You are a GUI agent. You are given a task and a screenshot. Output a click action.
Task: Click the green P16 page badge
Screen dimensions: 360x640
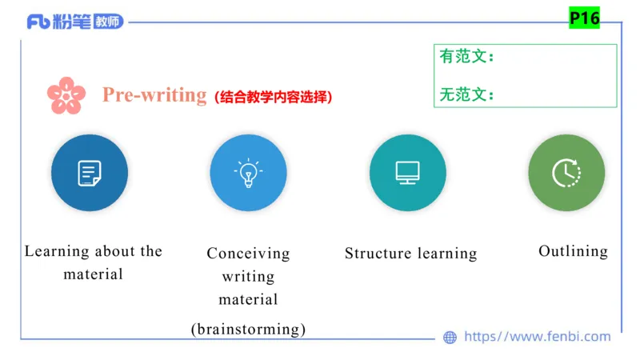(x=584, y=18)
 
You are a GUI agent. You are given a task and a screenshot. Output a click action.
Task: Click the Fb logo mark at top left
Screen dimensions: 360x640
(x=38, y=22)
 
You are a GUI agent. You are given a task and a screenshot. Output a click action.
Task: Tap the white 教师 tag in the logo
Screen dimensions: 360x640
(x=109, y=22)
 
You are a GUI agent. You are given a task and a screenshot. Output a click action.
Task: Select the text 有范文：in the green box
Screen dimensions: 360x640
(x=467, y=57)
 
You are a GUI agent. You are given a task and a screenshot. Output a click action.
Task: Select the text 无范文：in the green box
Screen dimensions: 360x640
(x=467, y=94)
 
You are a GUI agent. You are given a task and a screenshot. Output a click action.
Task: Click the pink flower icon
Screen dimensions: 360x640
(x=66, y=95)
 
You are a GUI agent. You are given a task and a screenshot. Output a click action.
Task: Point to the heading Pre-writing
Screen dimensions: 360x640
(x=154, y=94)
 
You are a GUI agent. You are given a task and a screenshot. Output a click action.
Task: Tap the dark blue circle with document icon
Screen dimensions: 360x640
(x=89, y=173)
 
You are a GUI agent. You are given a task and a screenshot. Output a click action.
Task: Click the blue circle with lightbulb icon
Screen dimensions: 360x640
(x=248, y=173)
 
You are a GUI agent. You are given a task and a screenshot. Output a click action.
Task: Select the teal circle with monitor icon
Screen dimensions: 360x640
(x=407, y=173)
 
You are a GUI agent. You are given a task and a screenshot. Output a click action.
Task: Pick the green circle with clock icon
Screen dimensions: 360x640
(x=566, y=173)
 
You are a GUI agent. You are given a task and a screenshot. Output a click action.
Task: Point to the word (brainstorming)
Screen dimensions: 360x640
(x=248, y=328)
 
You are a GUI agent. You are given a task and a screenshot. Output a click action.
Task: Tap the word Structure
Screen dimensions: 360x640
(x=374, y=254)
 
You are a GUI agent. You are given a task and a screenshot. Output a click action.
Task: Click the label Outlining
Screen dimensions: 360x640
(x=573, y=251)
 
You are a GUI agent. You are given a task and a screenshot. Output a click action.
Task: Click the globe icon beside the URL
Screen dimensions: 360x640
(x=450, y=338)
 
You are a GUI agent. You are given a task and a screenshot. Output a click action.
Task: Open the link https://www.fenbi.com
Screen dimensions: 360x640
(x=537, y=337)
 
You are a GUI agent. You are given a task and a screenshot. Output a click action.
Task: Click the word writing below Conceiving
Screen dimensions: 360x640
(x=248, y=277)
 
